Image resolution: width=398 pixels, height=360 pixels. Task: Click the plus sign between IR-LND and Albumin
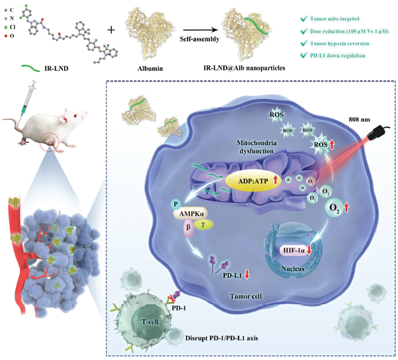(x=111, y=29)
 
